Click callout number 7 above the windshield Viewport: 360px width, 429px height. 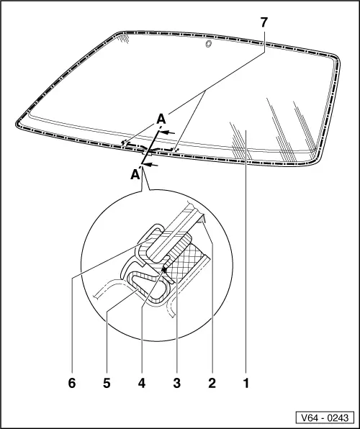click(264, 22)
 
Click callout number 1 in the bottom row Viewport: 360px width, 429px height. click(246, 383)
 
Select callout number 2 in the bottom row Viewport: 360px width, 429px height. click(212, 383)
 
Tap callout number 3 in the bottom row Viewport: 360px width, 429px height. click(177, 383)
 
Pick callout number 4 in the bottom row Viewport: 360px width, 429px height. click(142, 383)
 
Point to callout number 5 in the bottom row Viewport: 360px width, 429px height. click(107, 383)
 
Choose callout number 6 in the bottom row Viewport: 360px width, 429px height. click(72, 383)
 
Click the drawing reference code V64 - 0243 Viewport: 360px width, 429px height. click(325, 417)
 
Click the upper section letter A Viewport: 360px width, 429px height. click(161, 119)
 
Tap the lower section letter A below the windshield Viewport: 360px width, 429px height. click(135, 174)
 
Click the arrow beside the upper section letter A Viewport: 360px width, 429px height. click(167, 132)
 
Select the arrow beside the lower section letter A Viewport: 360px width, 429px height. click(150, 164)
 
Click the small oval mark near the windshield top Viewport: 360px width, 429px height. click(209, 44)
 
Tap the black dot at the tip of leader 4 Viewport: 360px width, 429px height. click(164, 270)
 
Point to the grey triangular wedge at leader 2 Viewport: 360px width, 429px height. click(202, 219)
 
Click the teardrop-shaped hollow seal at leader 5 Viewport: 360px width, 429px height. click(146, 286)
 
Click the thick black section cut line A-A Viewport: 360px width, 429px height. click(150, 147)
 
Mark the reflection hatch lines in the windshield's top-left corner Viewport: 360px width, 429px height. click(123, 37)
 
